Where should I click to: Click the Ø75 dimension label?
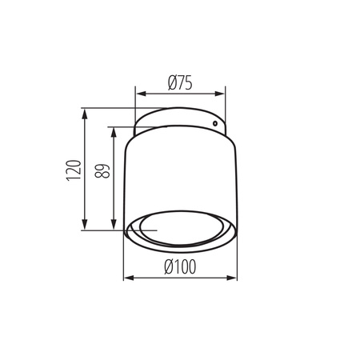[x=180, y=82]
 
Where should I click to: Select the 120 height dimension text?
[x=72, y=170]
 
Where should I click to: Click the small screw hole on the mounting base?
[x=214, y=124]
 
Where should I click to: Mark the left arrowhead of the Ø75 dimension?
[x=138, y=94]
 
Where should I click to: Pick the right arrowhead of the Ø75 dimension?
[x=223, y=94]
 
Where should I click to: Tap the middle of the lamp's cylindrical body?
[x=180, y=176]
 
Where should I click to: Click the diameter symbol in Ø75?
[x=170, y=82]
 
